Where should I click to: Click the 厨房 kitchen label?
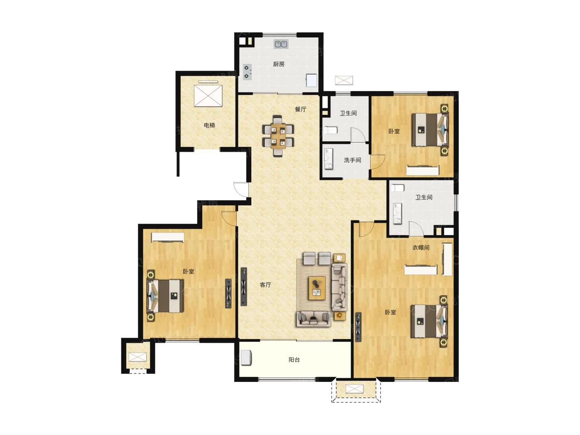click(x=278, y=64)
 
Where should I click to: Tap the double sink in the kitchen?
click(x=281, y=44)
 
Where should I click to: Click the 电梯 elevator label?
click(x=209, y=125)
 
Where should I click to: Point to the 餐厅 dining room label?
click(x=300, y=109)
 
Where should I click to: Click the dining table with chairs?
click(x=278, y=136)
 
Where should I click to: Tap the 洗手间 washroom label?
click(x=352, y=160)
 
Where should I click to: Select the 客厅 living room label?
click(x=265, y=285)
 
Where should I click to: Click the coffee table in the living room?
click(x=317, y=288)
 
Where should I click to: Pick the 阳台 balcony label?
click(x=294, y=360)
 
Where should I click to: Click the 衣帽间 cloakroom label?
click(x=421, y=247)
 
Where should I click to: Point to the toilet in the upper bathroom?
click(x=330, y=130)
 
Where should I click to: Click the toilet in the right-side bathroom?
click(x=398, y=188)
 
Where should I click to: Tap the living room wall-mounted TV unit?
click(x=244, y=287)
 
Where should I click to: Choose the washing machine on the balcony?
click(x=246, y=358)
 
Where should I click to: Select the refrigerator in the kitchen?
click(x=311, y=80)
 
